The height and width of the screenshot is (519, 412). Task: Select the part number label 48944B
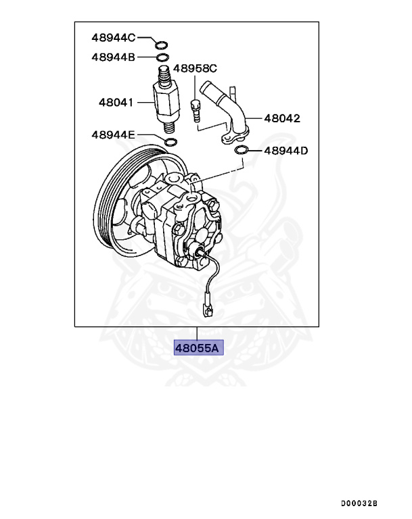(114, 57)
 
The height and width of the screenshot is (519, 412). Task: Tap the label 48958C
(195, 68)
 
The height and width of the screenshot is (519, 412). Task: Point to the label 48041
(116, 103)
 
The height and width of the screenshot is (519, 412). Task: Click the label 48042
(282, 118)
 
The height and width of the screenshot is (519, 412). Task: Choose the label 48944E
(114, 135)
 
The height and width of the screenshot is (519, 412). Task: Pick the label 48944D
(285, 151)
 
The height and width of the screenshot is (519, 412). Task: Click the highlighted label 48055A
(198, 349)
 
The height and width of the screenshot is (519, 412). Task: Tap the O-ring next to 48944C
(161, 45)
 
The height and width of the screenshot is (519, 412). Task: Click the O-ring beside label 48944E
(172, 142)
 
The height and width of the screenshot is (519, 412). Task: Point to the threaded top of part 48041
(163, 73)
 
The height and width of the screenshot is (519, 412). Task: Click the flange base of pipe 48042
(237, 135)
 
